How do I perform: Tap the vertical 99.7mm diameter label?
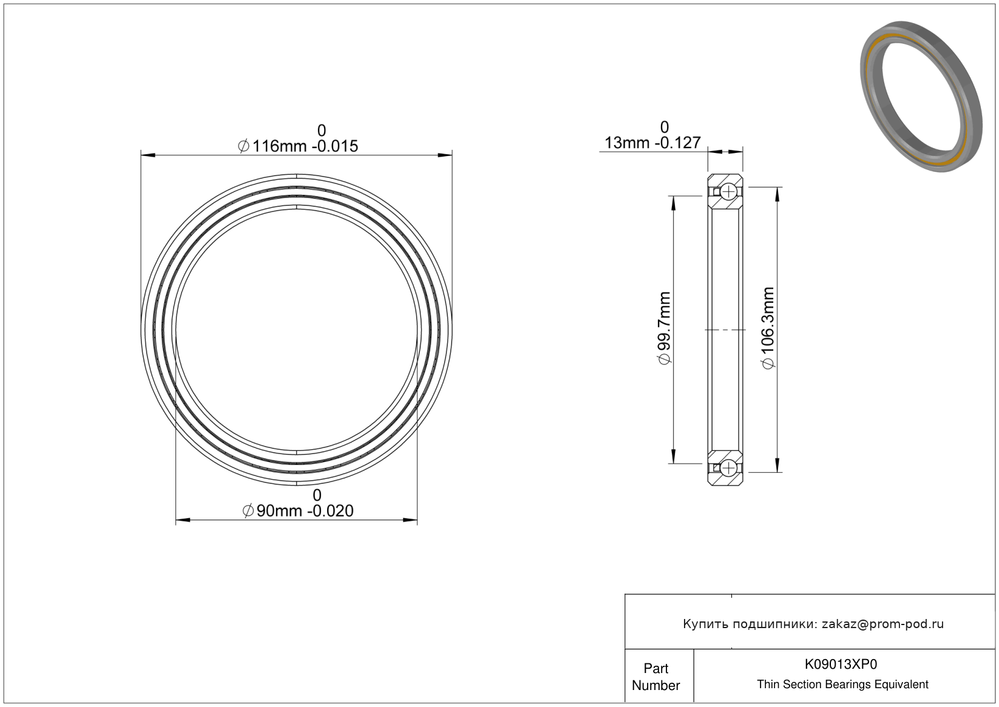pos(664,328)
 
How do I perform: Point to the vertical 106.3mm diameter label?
pos(768,328)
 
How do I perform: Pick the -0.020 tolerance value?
pos(330,511)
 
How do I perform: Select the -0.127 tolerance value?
pos(677,143)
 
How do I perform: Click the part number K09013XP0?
pos(841,664)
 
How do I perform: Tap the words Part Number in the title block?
pos(655,677)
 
